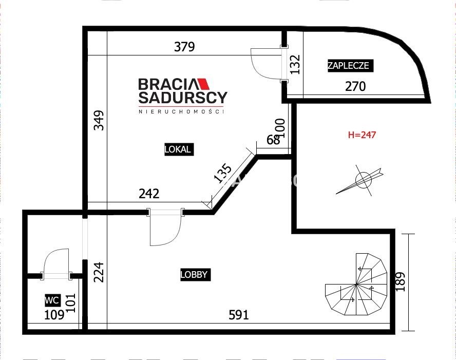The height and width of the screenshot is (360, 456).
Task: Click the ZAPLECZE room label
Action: [x=350, y=66]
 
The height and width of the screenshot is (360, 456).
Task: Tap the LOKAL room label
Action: [x=179, y=149]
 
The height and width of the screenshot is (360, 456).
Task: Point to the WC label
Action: [x=52, y=300]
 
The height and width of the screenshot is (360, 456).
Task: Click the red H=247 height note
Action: [x=362, y=135]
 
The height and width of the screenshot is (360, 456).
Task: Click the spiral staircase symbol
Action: [x=356, y=285]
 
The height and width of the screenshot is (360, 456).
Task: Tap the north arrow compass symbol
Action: [x=360, y=180]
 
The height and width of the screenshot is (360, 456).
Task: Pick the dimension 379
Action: [x=184, y=47]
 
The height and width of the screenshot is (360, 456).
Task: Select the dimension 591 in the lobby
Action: [x=239, y=315]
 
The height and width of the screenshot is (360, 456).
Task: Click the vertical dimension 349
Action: [x=99, y=120]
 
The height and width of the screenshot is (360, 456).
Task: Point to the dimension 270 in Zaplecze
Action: [x=355, y=86]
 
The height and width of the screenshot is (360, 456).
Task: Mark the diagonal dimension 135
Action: [x=223, y=174]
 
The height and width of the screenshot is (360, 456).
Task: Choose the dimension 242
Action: [x=149, y=194]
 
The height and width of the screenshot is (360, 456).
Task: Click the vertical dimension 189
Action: [x=401, y=281]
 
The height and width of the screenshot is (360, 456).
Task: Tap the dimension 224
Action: [x=99, y=272]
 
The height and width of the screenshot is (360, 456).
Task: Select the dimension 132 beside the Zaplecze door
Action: [x=295, y=64]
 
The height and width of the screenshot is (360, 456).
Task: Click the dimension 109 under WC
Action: [x=54, y=315]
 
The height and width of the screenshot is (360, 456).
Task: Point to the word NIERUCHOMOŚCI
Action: [x=181, y=111]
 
